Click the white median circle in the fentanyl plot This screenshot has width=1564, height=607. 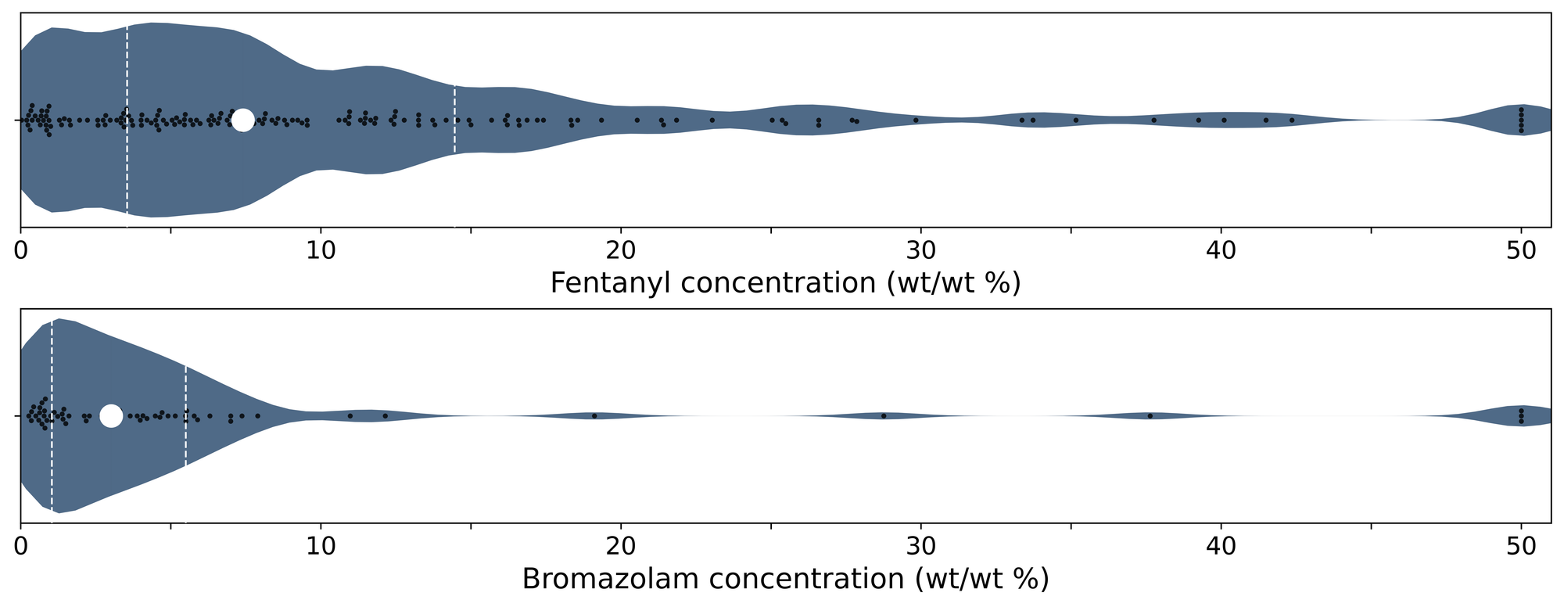[x=242, y=120]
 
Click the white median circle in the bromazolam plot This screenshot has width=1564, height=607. [x=111, y=416]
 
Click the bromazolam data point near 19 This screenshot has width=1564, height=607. [x=594, y=416]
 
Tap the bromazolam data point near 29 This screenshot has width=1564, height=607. [x=884, y=416]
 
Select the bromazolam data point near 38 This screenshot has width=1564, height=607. [x=1150, y=416]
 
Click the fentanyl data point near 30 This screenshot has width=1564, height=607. [x=916, y=120]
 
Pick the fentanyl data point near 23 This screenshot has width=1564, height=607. [x=712, y=120]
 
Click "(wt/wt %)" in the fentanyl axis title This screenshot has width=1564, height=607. [x=954, y=283]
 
